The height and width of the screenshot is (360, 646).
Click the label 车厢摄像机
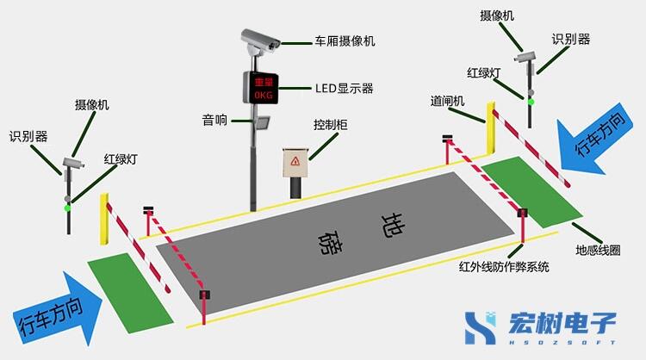coord(345,40)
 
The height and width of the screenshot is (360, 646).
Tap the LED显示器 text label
coord(344,88)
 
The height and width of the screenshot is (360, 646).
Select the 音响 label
coord(214,121)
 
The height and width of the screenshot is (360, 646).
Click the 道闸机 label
coord(448,101)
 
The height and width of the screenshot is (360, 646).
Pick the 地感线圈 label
coord(598,251)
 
